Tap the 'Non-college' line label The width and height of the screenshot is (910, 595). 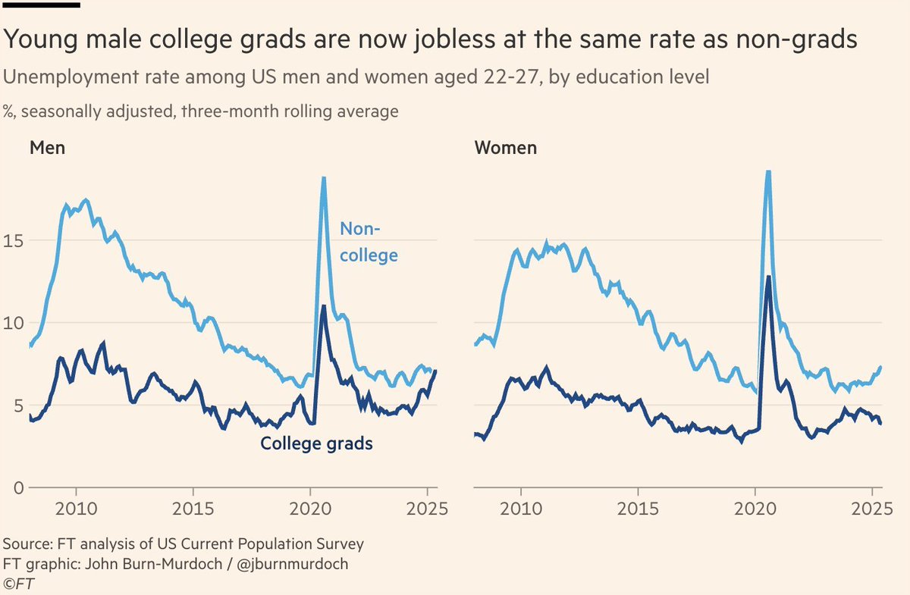point(368,242)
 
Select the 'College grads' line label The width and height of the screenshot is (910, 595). point(316,443)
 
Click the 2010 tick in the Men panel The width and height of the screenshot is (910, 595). point(76,506)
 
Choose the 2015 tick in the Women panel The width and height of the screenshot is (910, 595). point(638,506)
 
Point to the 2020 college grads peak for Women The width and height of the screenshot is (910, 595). point(769,277)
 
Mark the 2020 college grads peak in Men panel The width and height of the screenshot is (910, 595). point(324,306)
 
